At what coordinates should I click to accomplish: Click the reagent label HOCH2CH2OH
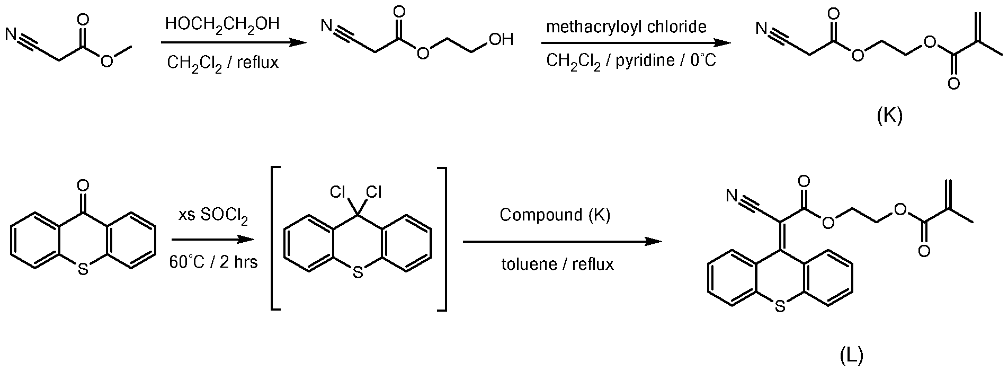222,25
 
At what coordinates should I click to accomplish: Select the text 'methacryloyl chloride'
626,26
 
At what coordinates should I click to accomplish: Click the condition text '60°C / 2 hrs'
213,261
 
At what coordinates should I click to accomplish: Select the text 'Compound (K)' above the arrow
555,215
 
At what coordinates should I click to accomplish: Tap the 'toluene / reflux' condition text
558,263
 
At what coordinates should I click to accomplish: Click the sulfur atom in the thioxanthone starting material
83,270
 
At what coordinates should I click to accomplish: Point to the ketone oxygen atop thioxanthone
83,185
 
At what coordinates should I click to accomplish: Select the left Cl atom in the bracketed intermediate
338,192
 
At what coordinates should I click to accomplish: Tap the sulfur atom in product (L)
779,305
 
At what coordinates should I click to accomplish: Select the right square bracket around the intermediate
441,238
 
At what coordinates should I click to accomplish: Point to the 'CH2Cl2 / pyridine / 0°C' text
631,60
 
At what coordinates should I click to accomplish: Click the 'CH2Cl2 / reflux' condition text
222,63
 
